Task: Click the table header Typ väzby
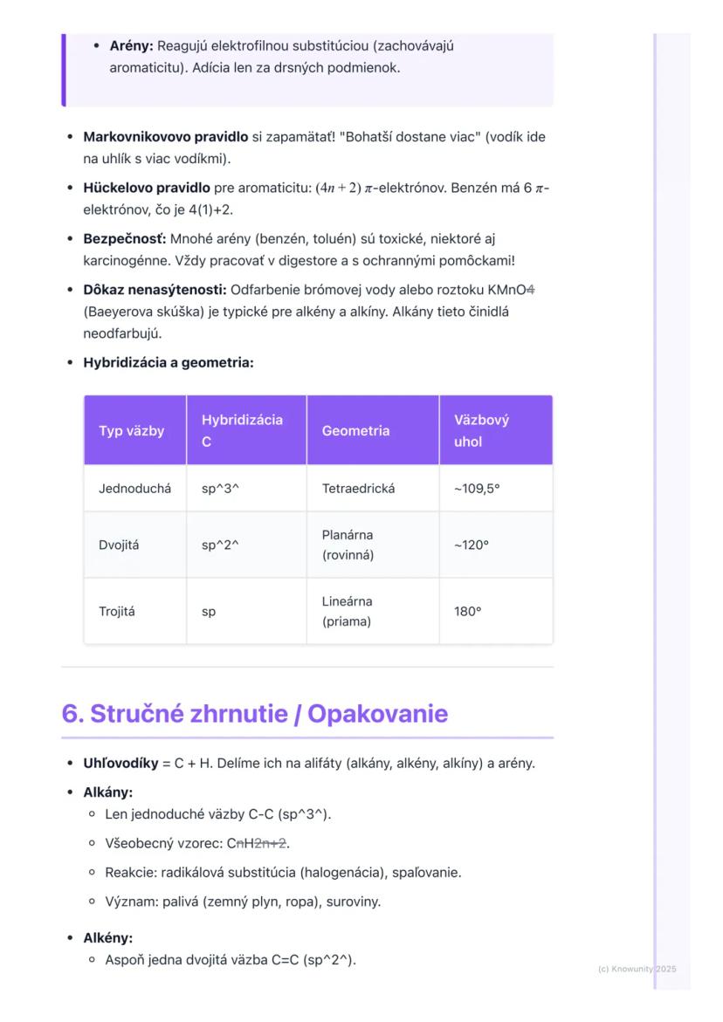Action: pos(131,430)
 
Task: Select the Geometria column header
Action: pos(355,430)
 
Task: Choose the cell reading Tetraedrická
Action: pos(358,489)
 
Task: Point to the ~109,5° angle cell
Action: pos(476,489)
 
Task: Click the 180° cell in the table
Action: pos(467,612)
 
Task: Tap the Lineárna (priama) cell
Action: pos(348,612)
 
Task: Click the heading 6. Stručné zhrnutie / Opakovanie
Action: pos(254,713)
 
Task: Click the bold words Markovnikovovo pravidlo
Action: pos(165,137)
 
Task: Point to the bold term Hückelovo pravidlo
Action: pos(146,188)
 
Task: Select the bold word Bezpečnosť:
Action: pos(124,238)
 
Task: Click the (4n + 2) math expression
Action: pos(341,188)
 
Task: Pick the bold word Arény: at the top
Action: pos(131,45)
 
